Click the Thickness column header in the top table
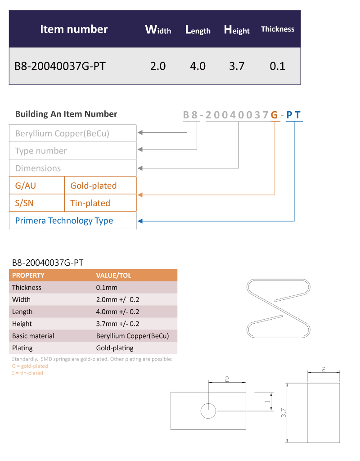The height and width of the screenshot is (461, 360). (x=277, y=29)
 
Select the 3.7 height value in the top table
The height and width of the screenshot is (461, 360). (x=237, y=66)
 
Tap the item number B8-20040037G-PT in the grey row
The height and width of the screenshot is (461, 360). (x=60, y=66)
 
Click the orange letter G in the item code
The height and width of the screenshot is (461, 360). (x=274, y=115)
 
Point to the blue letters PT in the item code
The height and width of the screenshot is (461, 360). (x=293, y=115)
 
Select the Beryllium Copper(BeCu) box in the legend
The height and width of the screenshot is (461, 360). (x=73, y=133)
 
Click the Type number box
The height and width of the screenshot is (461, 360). (x=73, y=150)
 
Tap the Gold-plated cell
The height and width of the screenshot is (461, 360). (x=100, y=185)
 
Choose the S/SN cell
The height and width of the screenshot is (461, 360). (x=37, y=203)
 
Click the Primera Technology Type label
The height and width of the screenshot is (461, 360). (x=64, y=221)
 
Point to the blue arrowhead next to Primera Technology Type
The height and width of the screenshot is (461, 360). (x=140, y=221)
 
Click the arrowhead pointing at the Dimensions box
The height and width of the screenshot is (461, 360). (x=140, y=168)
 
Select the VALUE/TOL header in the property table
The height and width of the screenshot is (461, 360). (x=113, y=276)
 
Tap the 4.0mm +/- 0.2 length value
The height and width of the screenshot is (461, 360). (x=117, y=312)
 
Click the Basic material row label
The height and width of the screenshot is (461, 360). (x=33, y=336)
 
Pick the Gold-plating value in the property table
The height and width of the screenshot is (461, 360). (x=115, y=348)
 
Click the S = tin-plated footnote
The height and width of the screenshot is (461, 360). (x=27, y=373)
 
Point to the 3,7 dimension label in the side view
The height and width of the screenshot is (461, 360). (x=283, y=413)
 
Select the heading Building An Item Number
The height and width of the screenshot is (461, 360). (x=66, y=114)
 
